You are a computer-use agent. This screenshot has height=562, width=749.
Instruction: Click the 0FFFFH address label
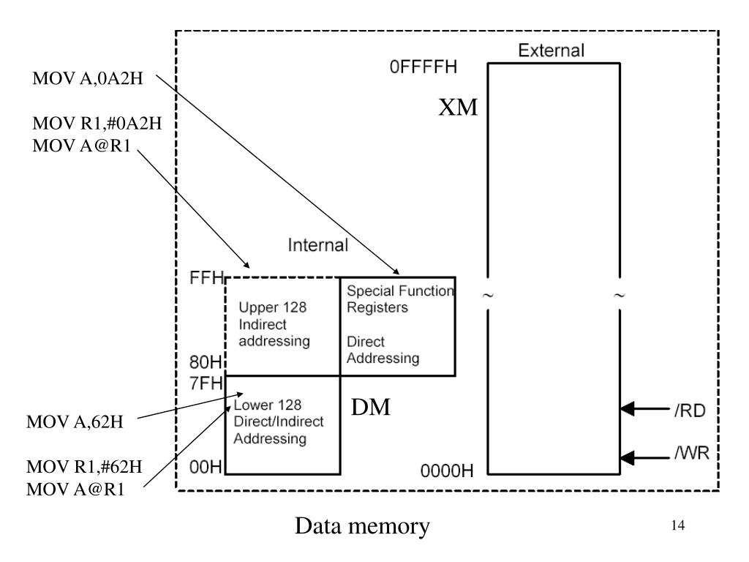point(424,67)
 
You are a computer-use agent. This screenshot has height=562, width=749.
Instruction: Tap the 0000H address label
point(447,471)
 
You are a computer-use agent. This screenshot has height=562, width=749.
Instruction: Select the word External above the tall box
point(552,50)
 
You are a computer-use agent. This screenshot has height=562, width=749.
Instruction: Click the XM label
point(458,107)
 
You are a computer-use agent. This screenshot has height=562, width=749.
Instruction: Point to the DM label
point(371,407)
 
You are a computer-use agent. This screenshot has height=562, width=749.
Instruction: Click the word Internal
point(317,245)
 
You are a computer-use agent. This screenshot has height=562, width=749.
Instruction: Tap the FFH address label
point(206,277)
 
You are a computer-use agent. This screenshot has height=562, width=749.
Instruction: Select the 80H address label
point(206,362)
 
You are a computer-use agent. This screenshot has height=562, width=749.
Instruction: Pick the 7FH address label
point(206,383)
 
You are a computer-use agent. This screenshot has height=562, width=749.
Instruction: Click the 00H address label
point(206,467)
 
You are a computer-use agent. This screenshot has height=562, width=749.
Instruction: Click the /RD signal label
point(690,411)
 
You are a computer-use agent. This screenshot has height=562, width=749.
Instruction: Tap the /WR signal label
point(692,452)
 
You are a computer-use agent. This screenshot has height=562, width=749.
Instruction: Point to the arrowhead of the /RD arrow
point(627,409)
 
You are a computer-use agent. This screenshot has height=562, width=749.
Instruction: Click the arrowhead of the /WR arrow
point(627,458)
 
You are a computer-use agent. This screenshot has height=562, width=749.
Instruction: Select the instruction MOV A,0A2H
point(88,78)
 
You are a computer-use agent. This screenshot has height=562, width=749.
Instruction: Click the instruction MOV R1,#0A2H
point(97,123)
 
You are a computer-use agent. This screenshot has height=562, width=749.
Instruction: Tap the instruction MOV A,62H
point(75,422)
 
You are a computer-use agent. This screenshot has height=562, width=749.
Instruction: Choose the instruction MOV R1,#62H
point(84,467)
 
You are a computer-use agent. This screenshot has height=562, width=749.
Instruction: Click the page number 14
point(678,525)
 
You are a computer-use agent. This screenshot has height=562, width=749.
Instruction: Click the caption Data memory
point(362,526)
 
